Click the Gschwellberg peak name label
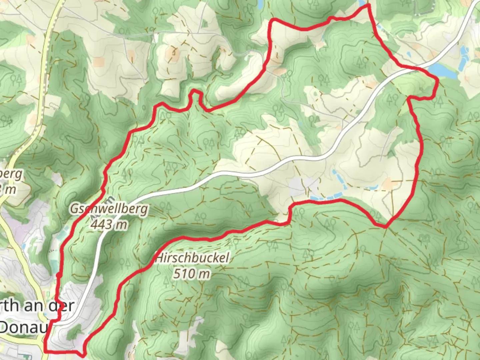click(x=108, y=209)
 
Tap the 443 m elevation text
click(x=108, y=224)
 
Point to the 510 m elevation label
click(x=192, y=274)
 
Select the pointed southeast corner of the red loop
click(x=386, y=227)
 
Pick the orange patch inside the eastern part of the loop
click(x=389, y=183)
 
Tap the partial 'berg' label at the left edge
click(x=13, y=174)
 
